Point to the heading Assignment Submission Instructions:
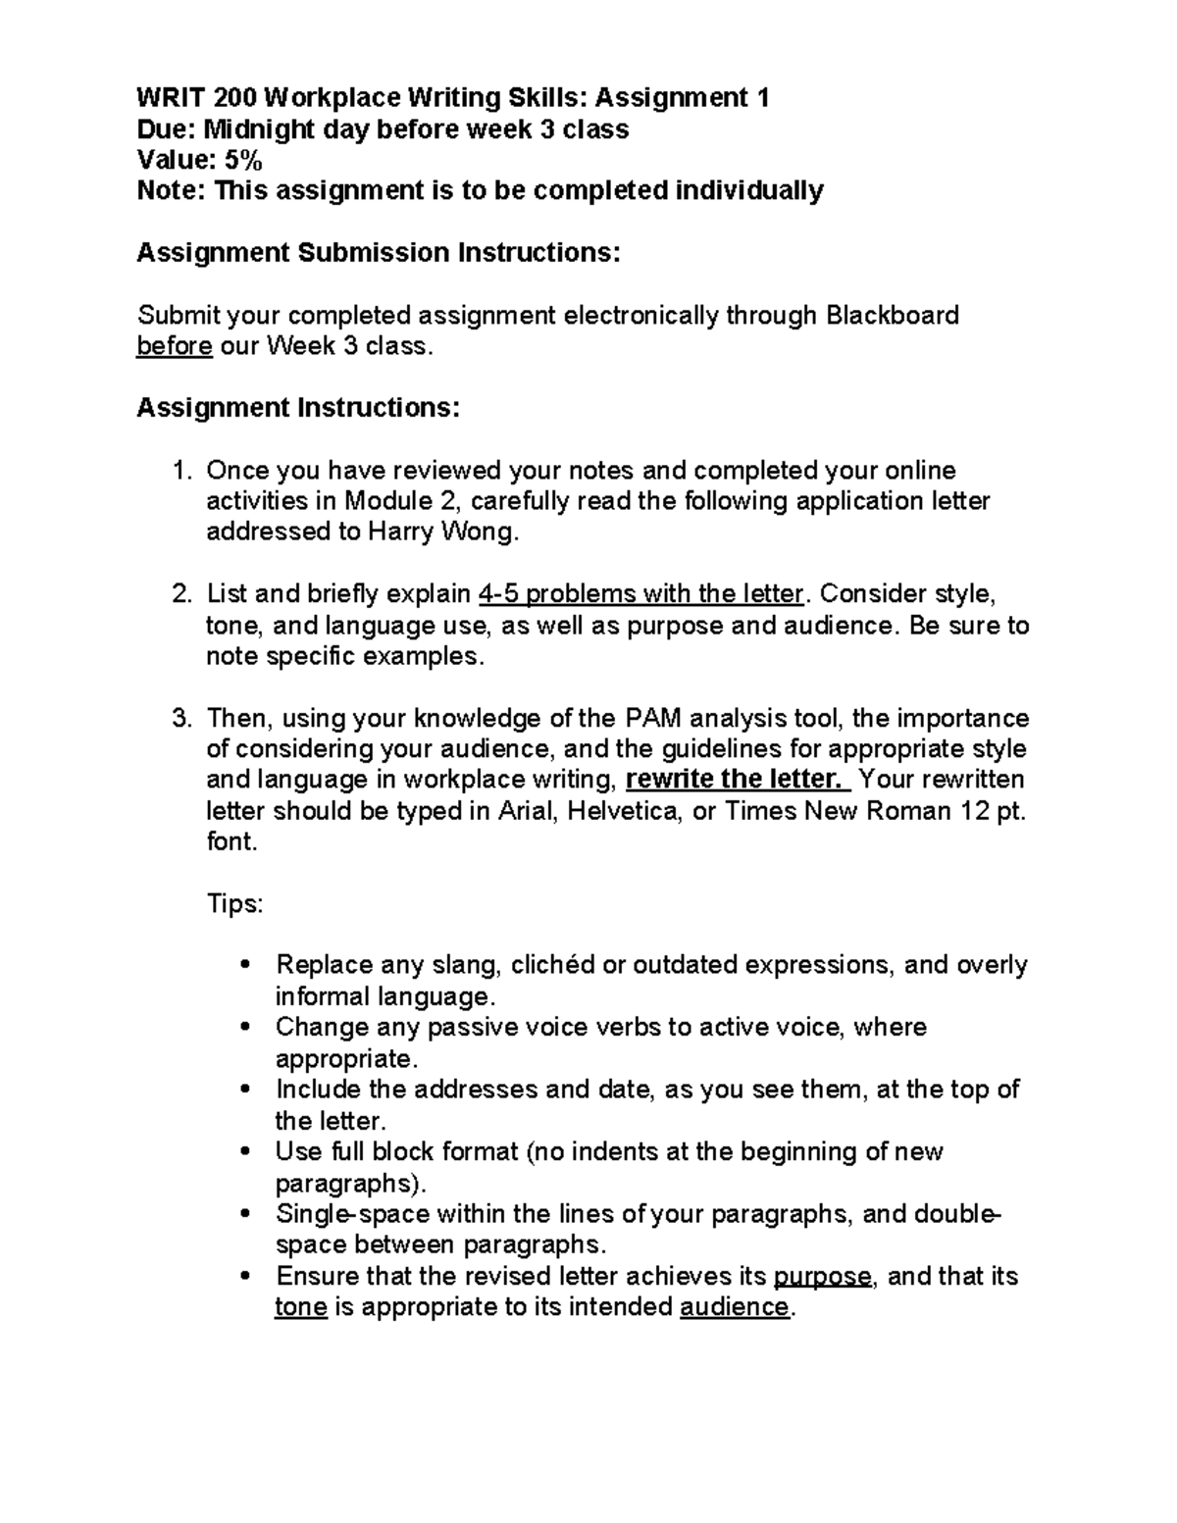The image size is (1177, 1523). pyautogui.click(x=379, y=253)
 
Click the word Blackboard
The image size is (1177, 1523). pyautogui.click(x=893, y=315)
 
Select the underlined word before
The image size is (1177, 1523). pyautogui.click(x=174, y=346)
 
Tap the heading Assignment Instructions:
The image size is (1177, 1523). pyautogui.click(x=297, y=408)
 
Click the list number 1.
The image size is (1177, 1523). pyautogui.click(x=179, y=471)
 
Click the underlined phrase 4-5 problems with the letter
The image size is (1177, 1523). pyautogui.click(x=640, y=594)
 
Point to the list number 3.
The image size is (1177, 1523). pyautogui.click(x=179, y=718)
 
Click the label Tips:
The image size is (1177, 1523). pyautogui.click(x=235, y=903)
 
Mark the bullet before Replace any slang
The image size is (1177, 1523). pyautogui.click(x=245, y=966)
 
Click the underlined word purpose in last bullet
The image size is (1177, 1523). pyautogui.click(x=822, y=1276)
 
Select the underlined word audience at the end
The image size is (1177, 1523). pyautogui.click(x=734, y=1307)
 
